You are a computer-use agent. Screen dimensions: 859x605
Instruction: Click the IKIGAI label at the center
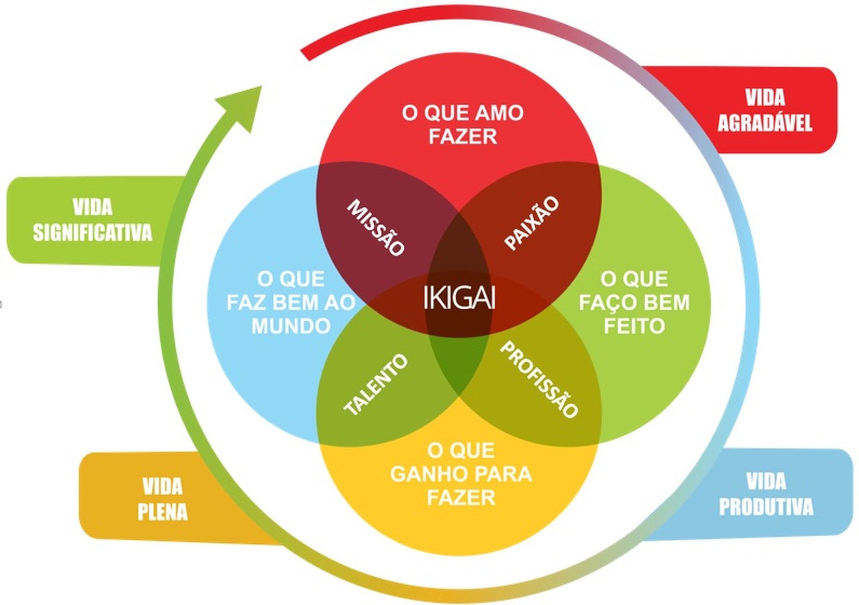point(460,297)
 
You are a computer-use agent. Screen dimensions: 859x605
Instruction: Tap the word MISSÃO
point(376,228)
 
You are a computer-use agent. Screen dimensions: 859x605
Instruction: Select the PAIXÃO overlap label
point(532,223)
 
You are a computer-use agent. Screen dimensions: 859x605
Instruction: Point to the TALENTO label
point(376,384)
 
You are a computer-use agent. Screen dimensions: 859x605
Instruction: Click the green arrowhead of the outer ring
point(243,108)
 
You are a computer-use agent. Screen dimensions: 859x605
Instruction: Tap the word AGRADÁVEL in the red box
point(765,123)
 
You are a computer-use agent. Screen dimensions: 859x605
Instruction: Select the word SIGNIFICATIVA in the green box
point(92,232)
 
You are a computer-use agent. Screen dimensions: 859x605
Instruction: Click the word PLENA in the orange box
point(163,512)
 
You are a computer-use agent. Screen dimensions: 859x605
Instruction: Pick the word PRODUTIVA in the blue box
point(766,506)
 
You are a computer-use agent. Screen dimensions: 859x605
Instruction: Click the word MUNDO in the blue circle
point(291,326)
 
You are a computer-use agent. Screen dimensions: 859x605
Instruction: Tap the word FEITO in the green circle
point(634,326)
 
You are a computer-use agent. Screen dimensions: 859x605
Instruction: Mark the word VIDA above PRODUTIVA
point(766,482)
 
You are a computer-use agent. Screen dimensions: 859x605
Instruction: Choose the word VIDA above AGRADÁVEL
point(766,98)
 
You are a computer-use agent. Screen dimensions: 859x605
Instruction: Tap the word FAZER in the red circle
point(463,136)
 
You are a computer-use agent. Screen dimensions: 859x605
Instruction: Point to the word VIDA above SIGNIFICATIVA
point(93,207)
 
